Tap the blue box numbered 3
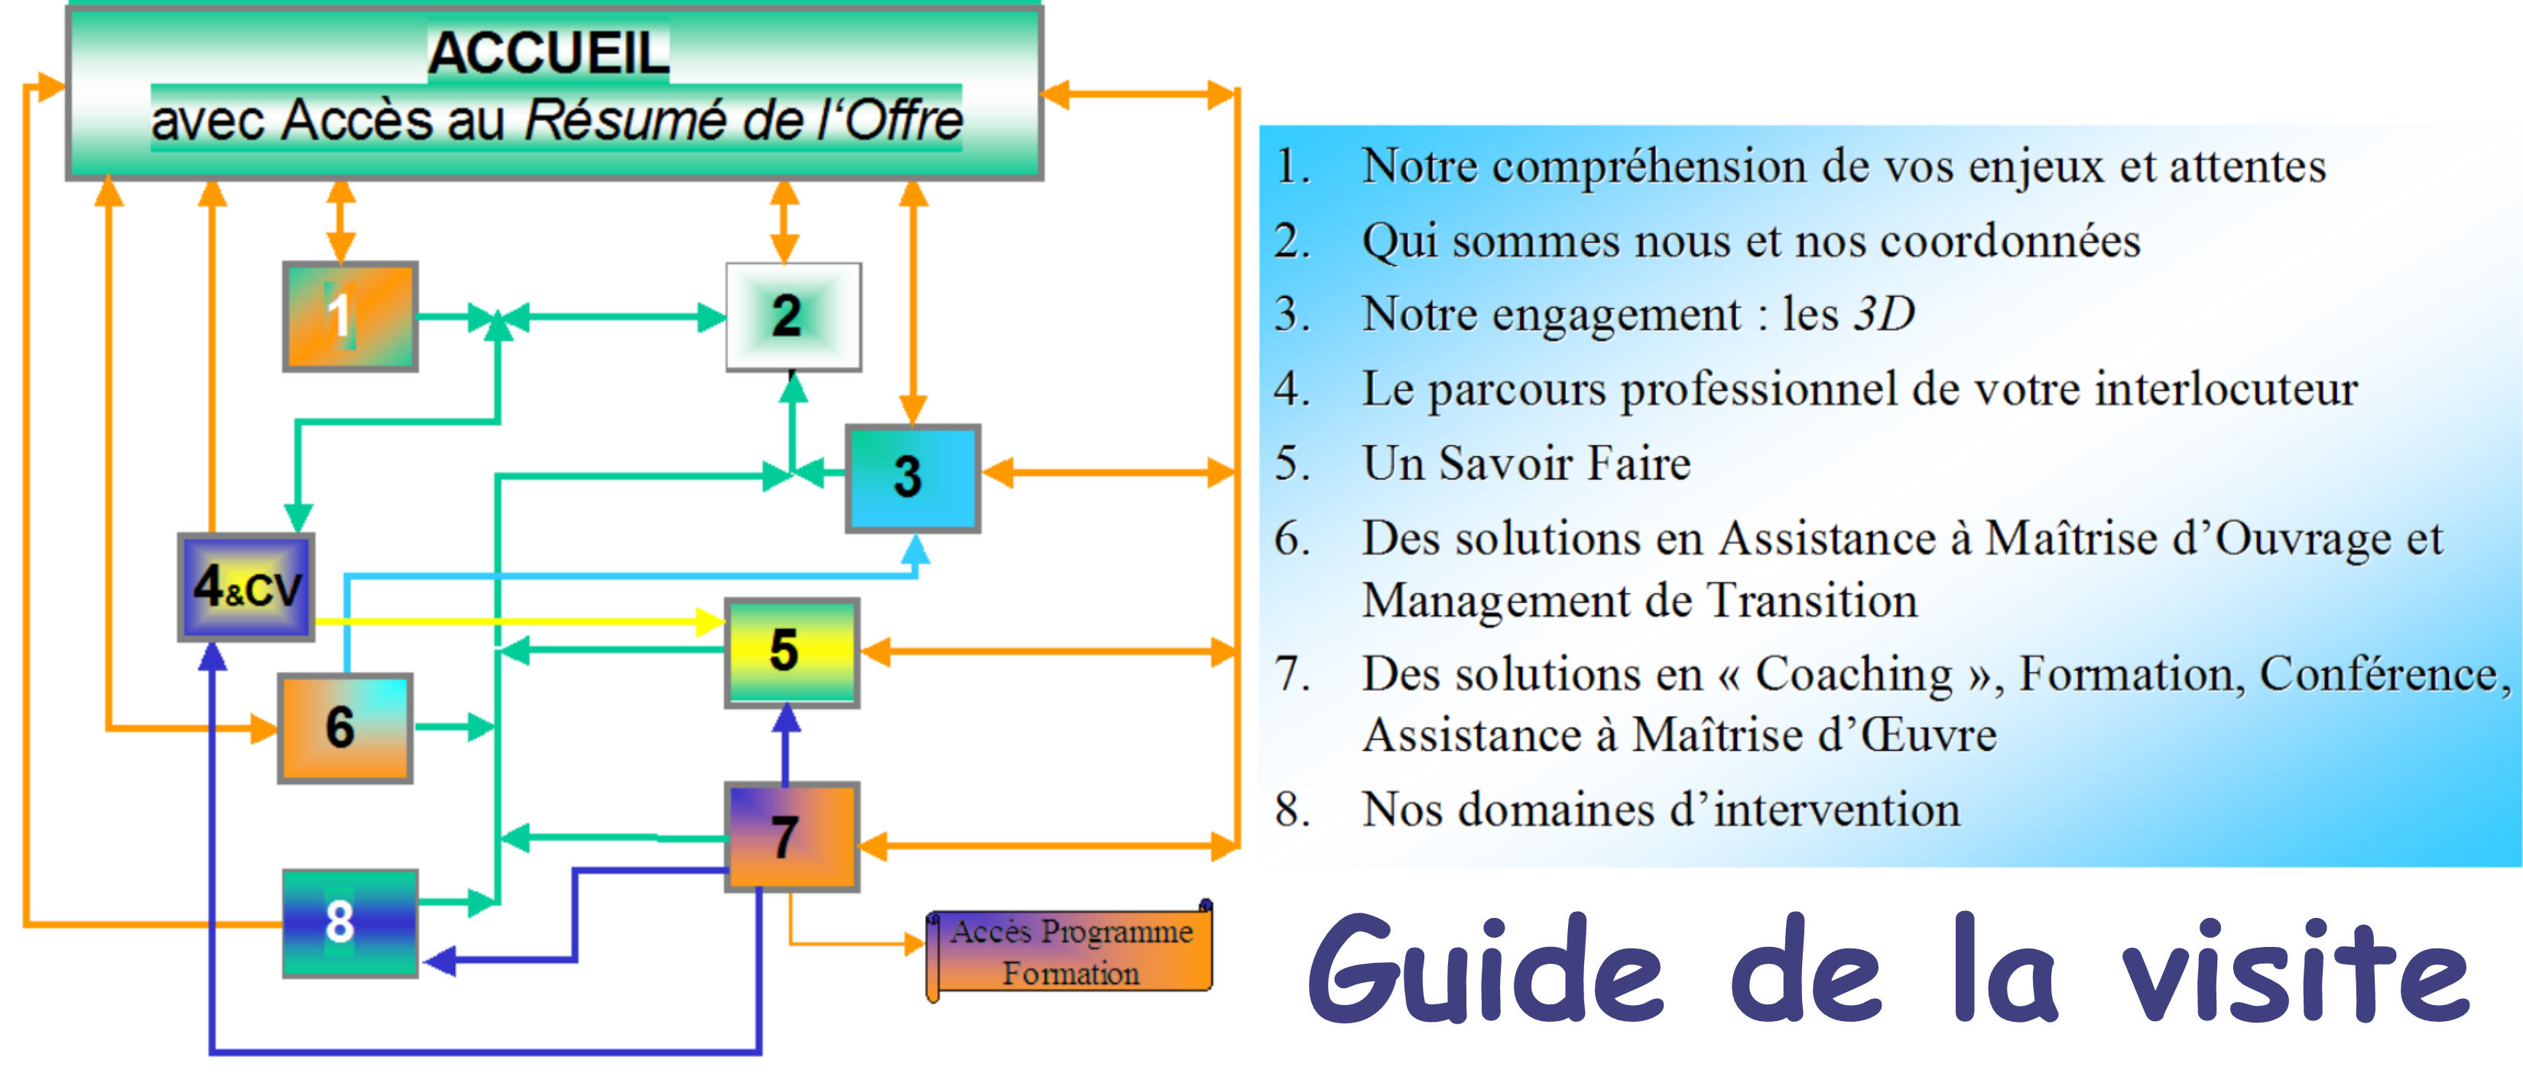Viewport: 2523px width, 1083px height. (x=913, y=478)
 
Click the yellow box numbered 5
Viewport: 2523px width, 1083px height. (x=791, y=652)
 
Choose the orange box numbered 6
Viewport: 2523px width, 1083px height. (x=345, y=728)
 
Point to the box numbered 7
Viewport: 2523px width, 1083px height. (x=791, y=836)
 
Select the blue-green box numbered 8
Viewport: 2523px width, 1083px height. (x=349, y=922)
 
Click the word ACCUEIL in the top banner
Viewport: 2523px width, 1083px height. (x=548, y=53)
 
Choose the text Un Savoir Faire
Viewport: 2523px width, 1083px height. (x=1526, y=464)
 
